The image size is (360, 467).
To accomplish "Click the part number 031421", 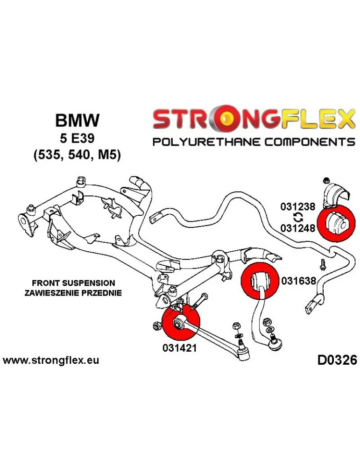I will [180, 348].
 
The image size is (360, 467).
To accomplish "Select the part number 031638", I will [299, 281].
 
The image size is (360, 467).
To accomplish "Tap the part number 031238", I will [298, 206].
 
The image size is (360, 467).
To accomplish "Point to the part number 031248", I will [298, 226].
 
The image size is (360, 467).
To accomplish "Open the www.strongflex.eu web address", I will [51, 361].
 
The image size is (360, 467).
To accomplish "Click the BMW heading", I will [77, 121].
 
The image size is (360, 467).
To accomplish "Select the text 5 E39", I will [77, 138].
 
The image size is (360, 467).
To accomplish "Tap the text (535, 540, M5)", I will [77, 155].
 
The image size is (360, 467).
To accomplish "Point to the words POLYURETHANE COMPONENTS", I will [254, 142].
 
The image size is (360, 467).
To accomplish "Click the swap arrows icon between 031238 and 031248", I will [298, 216].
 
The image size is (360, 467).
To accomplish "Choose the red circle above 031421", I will [180, 322].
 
